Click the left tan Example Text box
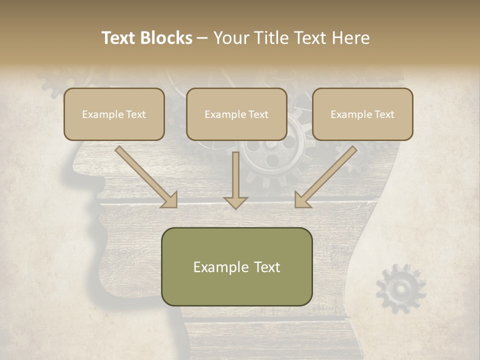tap(114, 114)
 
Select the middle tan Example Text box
tap(236, 114)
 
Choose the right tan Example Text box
tap(362, 114)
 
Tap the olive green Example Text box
tap(236, 266)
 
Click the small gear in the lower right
tap(400, 288)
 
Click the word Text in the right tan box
tap(384, 114)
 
